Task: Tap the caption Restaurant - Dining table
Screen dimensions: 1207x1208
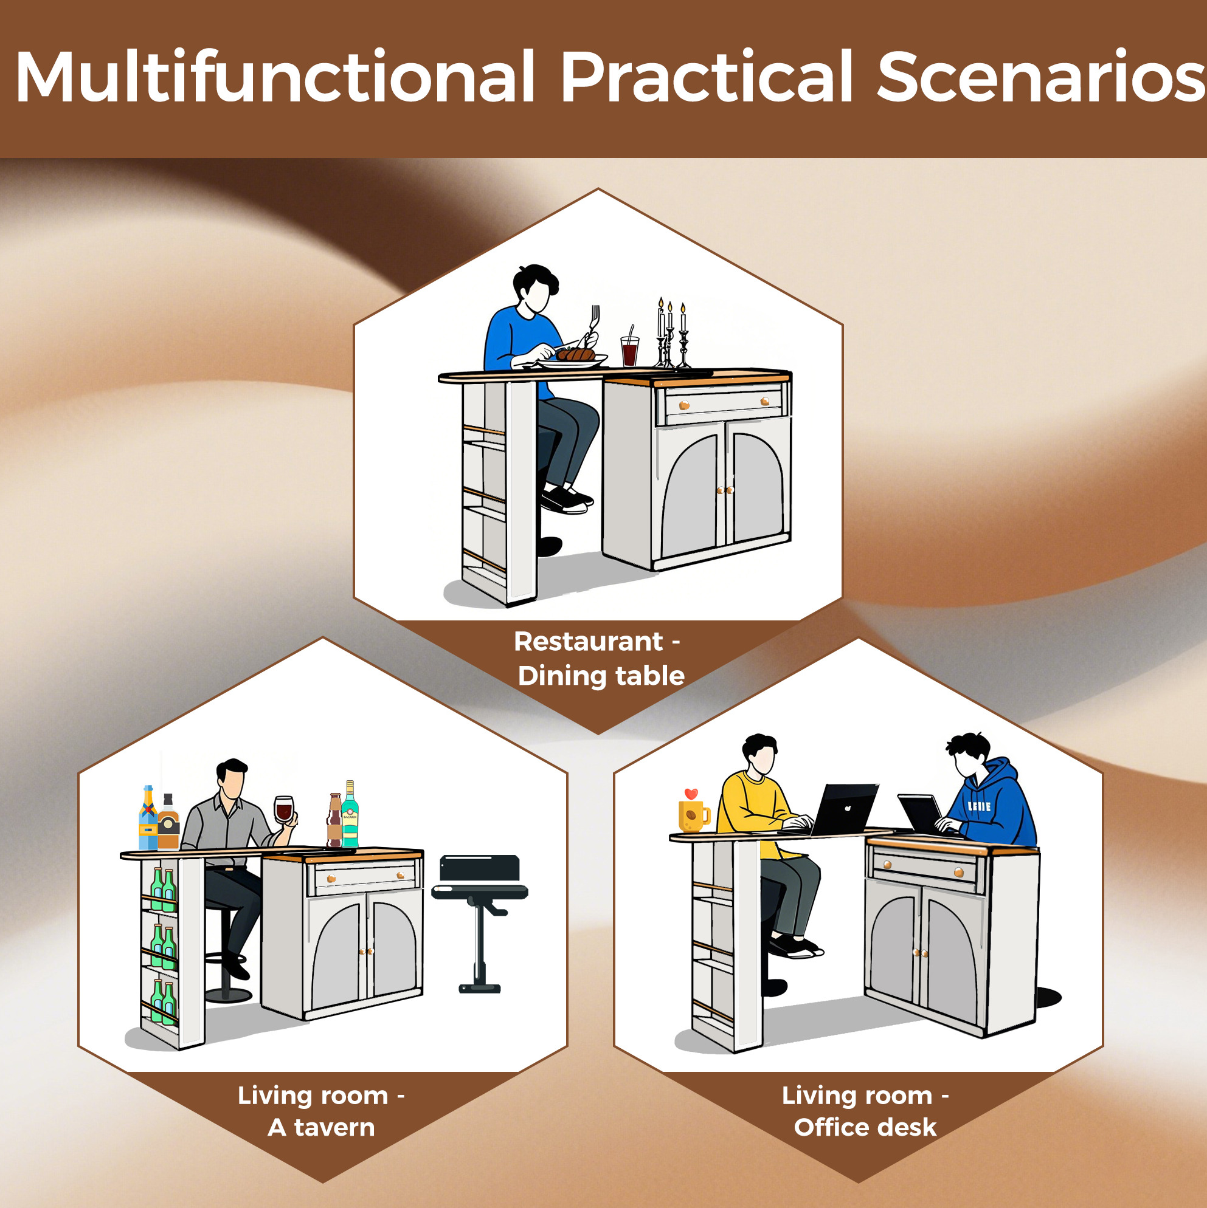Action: tap(600, 659)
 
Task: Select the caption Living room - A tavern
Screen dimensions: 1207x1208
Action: tap(322, 1111)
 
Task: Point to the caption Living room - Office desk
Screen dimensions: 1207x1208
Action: tap(865, 1111)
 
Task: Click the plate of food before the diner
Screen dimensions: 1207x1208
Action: tap(572, 359)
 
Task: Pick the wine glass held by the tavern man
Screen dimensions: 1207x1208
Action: tap(283, 810)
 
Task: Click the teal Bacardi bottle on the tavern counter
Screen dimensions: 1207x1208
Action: tap(350, 814)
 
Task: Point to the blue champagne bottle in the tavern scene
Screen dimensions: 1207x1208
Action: tap(148, 817)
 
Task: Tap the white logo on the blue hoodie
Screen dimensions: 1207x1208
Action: tap(979, 806)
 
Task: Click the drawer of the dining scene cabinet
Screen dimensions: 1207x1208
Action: tap(723, 402)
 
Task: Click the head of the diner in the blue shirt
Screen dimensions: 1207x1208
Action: tap(536, 289)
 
